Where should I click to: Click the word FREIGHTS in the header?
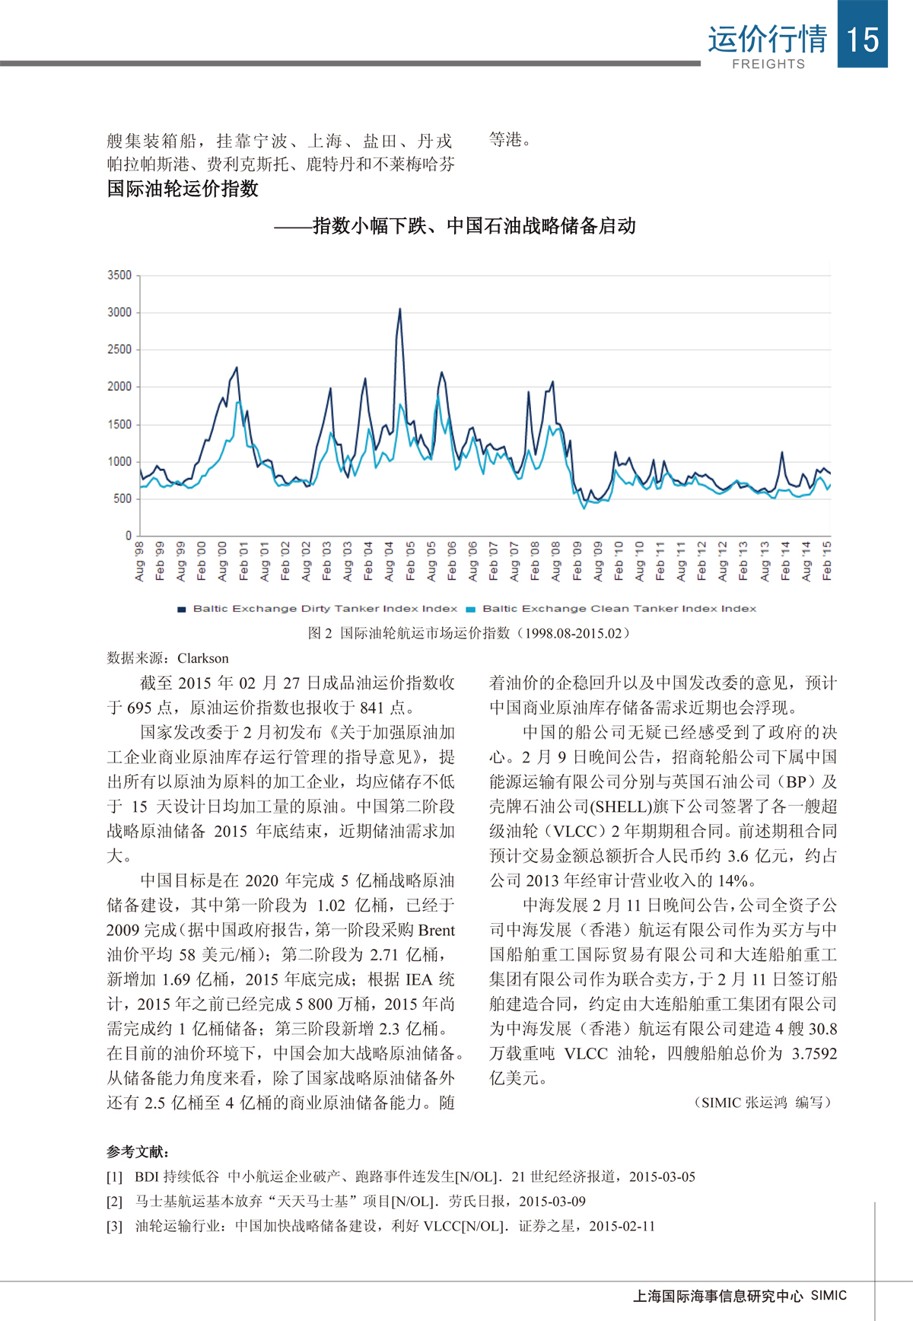pos(768,64)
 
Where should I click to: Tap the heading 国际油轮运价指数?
pos(183,189)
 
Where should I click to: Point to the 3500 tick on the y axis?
pos(119,275)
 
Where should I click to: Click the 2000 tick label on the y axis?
pos(119,387)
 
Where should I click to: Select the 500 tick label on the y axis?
pos(122,498)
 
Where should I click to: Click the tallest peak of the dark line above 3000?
pos(400,310)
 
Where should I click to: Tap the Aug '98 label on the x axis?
pos(139,562)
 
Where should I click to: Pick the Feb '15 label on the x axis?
pos(827,562)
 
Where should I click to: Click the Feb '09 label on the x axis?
pos(577,562)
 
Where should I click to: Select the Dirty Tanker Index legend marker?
pos(182,609)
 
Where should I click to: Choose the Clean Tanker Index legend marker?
pos(470,609)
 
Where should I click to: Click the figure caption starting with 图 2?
pos(469,633)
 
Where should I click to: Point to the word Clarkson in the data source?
pos(203,658)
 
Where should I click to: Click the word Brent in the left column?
pos(436,930)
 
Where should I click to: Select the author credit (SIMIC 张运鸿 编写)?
pos(762,1103)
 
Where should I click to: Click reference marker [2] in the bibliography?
pos(115,1202)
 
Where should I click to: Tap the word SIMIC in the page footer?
pos(829,1295)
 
